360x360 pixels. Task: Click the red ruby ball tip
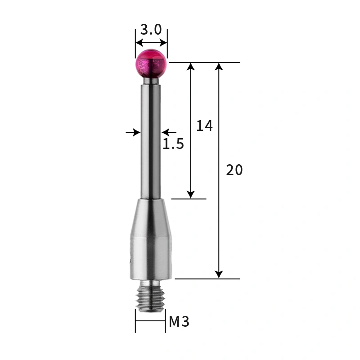coord(151,64)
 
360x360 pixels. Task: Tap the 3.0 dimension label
coord(151,30)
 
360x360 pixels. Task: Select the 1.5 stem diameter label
coord(173,144)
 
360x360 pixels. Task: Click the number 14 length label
coord(204,126)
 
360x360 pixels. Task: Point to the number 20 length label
coord(234,170)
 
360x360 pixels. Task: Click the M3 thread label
coord(179,322)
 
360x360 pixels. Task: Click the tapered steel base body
coord(150,243)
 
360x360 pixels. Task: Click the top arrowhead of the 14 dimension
coord(191,67)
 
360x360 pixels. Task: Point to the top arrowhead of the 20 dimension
coord(219,67)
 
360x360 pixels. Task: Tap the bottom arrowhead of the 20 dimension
coord(219,274)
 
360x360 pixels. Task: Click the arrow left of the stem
coord(133,132)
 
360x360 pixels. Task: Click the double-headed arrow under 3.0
coord(151,43)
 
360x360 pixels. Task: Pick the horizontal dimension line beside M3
coord(150,321)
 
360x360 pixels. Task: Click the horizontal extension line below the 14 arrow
coord(189,199)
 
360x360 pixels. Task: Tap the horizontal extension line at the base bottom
coord(207,279)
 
